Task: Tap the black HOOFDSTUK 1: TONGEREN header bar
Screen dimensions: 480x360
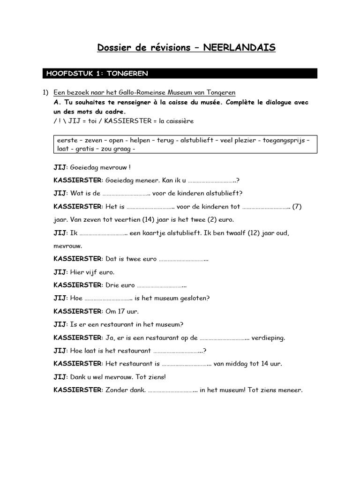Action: [x=180, y=73]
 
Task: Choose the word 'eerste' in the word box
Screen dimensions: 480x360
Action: [x=66, y=140]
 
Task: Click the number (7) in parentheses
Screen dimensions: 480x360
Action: [x=297, y=206]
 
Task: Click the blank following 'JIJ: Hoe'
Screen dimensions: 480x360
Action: [x=108, y=298]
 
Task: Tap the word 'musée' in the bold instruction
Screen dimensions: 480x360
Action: [x=207, y=102]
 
